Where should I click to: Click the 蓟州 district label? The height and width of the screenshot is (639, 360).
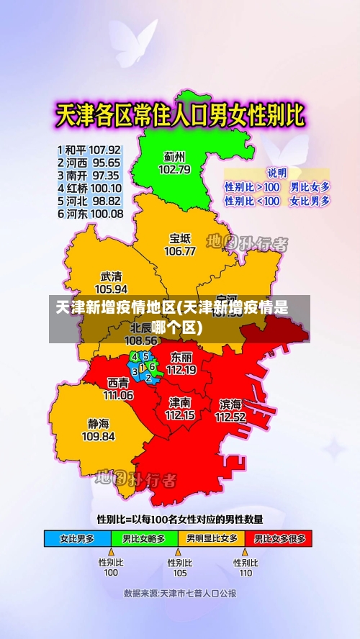click(174, 156)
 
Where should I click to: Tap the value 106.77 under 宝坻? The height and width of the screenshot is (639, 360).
click(180, 251)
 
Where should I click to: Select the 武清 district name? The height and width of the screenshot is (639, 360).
click(111, 276)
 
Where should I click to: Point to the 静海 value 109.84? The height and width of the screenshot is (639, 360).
click(99, 436)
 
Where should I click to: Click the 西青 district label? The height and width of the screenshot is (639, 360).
click(119, 383)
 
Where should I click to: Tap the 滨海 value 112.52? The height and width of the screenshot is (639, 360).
click(230, 417)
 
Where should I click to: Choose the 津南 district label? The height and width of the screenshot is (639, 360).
click(180, 402)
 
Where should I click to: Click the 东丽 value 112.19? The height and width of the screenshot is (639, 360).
click(181, 370)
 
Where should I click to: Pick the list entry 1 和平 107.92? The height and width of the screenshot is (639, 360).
click(89, 150)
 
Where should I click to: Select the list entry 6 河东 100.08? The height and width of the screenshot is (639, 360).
click(89, 214)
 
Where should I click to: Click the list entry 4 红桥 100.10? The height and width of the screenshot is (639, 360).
click(89, 189)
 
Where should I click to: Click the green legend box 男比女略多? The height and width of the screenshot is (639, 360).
click(144, 538)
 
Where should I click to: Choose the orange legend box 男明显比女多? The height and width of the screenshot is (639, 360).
click(211, 538)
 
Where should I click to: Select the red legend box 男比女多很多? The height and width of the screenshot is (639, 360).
click(279, 538)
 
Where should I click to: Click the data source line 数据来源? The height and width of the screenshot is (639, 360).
click(180, 594)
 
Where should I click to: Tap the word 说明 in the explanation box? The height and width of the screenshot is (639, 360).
click(276, 173)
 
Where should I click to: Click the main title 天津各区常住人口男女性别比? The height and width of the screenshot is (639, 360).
click(180, 115)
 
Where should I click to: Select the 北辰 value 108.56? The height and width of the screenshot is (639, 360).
click(141, 340)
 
